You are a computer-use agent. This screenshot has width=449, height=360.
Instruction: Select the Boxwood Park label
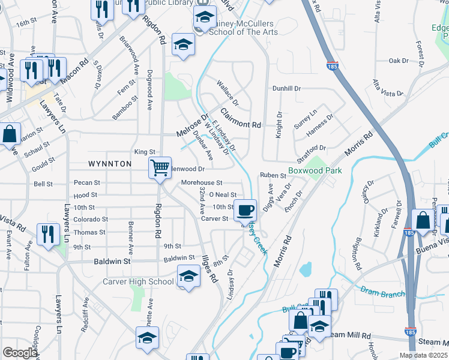coord(315,170)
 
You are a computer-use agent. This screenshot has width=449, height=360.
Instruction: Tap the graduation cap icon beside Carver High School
coord(188,277)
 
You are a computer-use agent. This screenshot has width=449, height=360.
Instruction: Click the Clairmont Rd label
coord(241,118)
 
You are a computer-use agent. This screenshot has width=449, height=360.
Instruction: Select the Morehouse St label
coord(202,182)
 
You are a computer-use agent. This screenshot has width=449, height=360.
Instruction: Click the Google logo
coord(19,353)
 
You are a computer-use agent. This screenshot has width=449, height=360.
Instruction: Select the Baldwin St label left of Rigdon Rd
coord(112,262)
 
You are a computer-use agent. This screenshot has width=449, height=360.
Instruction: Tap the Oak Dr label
coord(398,61)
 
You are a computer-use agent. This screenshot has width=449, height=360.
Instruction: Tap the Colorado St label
coord(91,220)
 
